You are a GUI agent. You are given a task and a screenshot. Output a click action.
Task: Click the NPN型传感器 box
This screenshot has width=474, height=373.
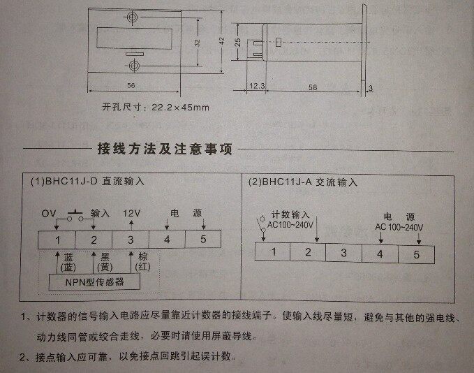[94, 281]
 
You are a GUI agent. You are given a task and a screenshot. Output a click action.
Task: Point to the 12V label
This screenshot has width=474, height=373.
[131, 212]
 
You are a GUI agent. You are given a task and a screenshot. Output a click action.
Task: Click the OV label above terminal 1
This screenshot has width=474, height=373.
[48, 212]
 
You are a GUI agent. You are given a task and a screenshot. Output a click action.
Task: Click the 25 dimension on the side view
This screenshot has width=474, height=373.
[237, 42]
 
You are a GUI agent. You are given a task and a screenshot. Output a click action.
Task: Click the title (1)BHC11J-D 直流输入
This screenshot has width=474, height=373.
[88, 181]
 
